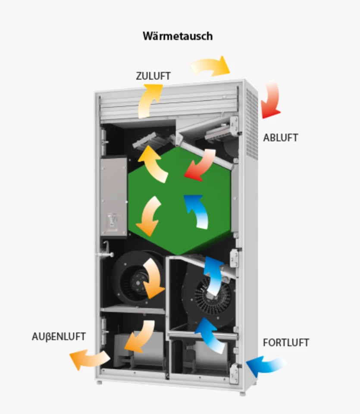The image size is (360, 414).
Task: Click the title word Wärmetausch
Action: point(178,36)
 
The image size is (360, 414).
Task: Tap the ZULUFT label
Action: point(153,76)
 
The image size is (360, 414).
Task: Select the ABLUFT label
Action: point(281,138)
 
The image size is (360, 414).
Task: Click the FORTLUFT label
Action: point(286,343)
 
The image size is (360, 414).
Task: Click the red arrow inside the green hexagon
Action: point(200,164)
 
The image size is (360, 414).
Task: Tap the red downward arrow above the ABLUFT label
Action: point(272,99)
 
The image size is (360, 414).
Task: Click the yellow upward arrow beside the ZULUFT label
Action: point(149,100)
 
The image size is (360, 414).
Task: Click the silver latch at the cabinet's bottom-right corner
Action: point(234,373)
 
